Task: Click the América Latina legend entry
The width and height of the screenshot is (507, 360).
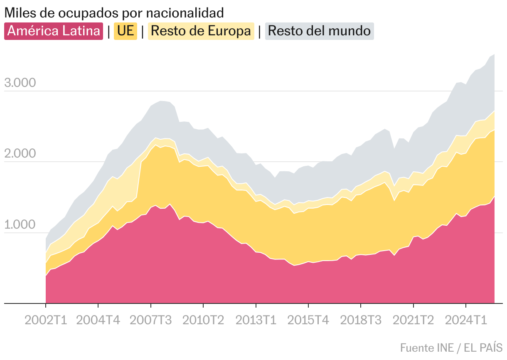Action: point(54,31)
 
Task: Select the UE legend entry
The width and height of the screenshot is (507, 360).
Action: point(126,31)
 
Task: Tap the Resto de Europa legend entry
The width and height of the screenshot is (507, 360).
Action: point(201,31)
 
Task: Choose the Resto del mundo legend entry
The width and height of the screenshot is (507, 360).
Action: point(319,31)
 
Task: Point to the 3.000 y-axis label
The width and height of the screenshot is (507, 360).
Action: point(20,83)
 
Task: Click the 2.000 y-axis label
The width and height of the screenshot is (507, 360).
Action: point(20,154)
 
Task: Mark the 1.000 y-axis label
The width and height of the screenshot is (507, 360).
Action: point(20,225)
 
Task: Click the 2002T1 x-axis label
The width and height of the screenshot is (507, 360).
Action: point(46,321)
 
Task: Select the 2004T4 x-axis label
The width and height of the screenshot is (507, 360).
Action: point(98,321)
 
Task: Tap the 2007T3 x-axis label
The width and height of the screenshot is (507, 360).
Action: point(150,321)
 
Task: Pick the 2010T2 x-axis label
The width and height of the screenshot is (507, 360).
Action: point(203,321)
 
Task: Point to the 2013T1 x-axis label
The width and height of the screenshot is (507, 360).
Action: point(256,321)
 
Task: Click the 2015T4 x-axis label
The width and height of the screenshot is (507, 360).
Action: point(308,321)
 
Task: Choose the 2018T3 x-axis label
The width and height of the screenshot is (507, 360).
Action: point(361,321)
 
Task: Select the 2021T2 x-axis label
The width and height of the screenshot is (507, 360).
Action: point(413,321)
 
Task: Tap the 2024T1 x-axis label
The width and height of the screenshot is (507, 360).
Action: point(466,321)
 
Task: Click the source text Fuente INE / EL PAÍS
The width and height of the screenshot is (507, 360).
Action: point(451,348)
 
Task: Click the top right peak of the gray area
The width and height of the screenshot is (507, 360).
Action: point(494,54)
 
